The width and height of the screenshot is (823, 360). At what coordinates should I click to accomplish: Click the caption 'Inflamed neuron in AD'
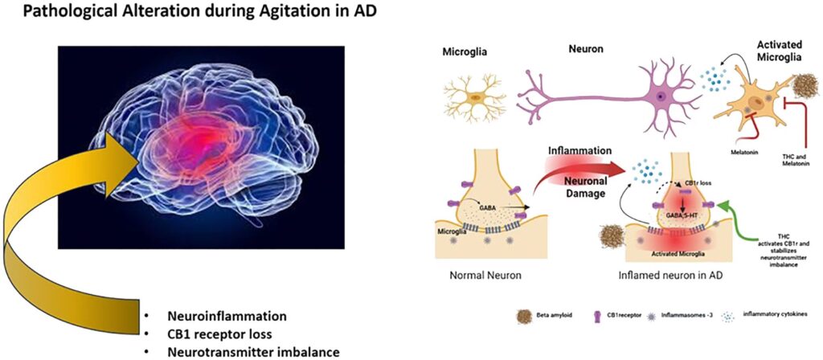coord(669,276)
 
